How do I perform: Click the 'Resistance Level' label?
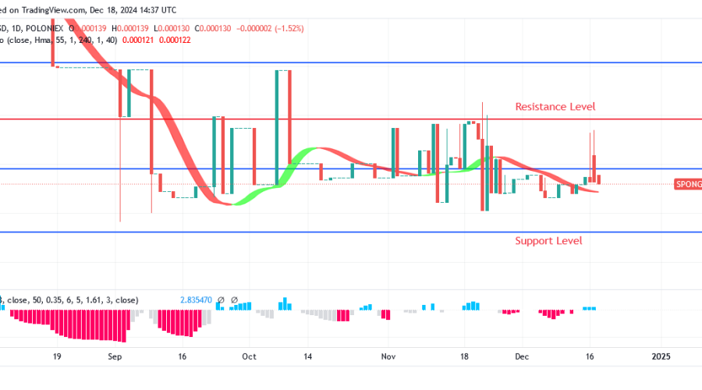click(555, 106)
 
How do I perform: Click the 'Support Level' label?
click(548, 240)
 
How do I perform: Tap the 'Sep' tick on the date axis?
click(115, 356)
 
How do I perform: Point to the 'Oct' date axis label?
click(250, 356)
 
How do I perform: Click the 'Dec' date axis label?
click(522, 356)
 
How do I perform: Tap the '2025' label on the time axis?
click(661, 356)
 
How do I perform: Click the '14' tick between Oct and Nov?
click(308, 356)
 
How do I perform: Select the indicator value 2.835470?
click(195, 300)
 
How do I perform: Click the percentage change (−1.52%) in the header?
click(286, 28)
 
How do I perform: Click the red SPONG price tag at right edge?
click(688, 184)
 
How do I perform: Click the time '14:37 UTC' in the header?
click(155, 10)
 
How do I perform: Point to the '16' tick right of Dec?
click(590, 356)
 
